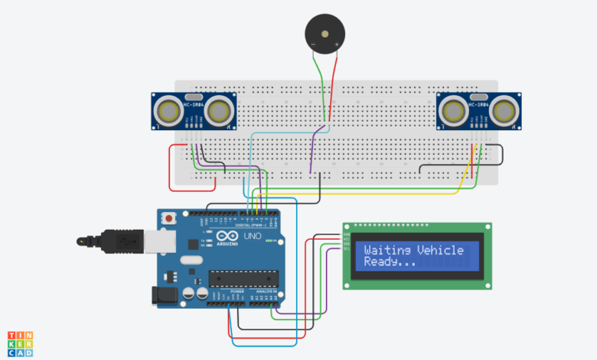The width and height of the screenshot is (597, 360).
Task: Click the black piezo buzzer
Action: click(325, 33)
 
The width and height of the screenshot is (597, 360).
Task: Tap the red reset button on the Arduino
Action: click(168, 219)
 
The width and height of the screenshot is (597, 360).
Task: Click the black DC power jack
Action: click(162, 293)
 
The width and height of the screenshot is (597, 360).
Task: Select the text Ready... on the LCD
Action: click(389, 262)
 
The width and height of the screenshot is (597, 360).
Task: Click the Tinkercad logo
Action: click(21, 344)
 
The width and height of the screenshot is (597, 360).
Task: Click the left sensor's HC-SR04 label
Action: click(194, 104)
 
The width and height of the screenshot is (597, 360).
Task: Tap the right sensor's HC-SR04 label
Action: click(478, 104)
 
